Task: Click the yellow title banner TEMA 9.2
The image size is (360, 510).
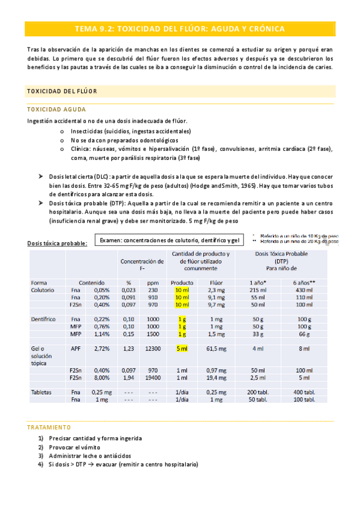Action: click(180, 29)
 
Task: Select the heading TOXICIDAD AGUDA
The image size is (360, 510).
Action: click(56, 109)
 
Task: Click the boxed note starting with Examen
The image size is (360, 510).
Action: click(170, 239)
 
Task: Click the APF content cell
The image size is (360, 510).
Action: click(76, 349)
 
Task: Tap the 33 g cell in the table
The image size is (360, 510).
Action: click(258, 334)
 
